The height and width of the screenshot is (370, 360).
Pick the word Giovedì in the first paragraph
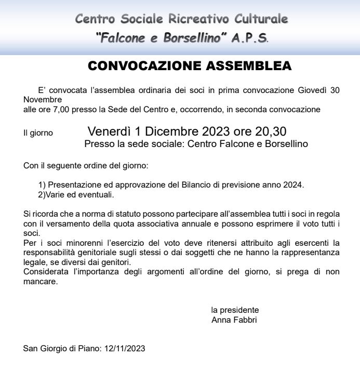(x=312, y=90)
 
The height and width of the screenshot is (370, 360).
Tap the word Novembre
(x=43, y=99)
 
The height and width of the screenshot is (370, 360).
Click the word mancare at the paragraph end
(x=40, y=282)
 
